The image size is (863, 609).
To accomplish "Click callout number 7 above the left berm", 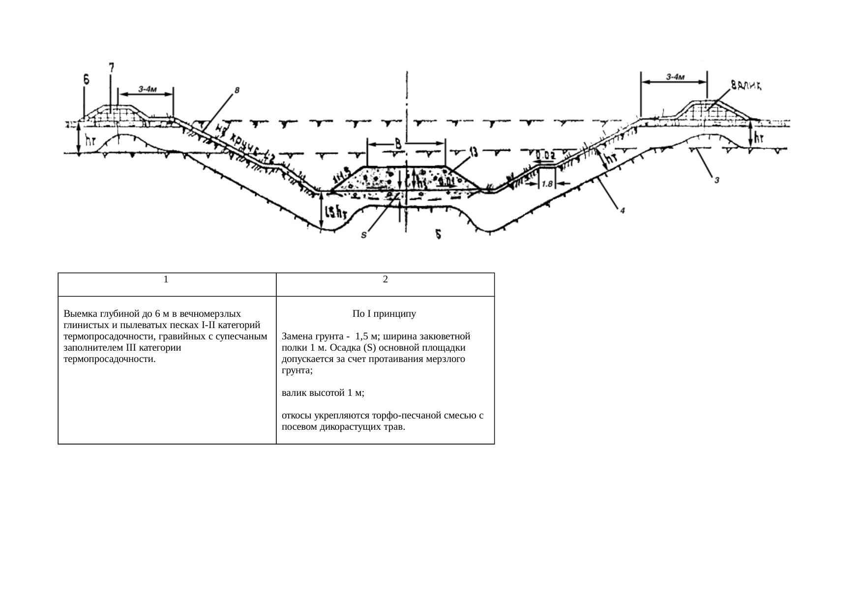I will coord(112,67).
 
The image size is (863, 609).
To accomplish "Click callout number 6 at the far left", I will coord(86,79).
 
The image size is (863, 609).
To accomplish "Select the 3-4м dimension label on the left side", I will coord(148,89).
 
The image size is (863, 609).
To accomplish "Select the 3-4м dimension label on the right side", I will coord(676,77).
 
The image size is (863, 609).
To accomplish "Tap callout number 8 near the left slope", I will coord(237,90).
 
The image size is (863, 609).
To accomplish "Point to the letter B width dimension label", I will coord(399,144).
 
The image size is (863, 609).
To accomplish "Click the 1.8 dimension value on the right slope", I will coord(547,184).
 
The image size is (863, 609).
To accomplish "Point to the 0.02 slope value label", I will coord(545,156).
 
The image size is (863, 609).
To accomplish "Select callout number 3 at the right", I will coord(717,180).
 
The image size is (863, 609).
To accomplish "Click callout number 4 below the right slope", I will coord(622,210).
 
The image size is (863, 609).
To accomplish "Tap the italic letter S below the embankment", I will coord(363,235).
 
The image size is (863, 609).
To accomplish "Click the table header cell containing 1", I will coord(167,279).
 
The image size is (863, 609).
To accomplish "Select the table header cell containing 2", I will coord(385,279).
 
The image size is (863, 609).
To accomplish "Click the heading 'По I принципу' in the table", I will coord(384,313).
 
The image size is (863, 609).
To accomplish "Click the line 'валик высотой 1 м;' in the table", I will coord(323,393).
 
